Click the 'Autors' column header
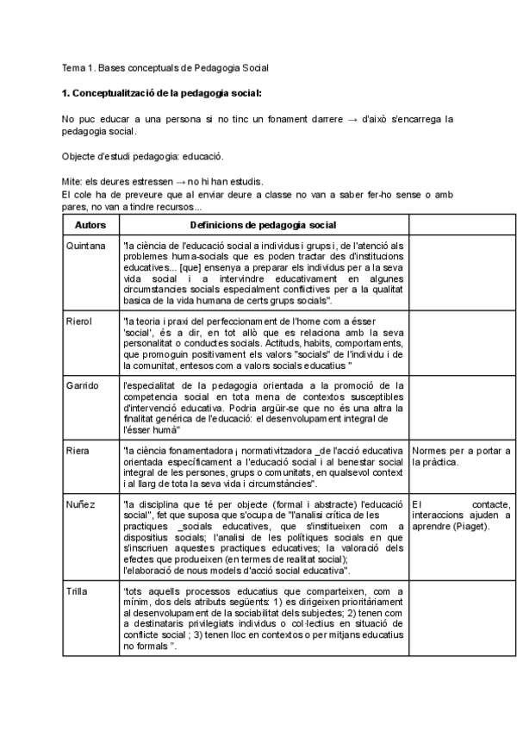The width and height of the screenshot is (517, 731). click(90, 224)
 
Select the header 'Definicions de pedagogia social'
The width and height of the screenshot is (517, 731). click(263, 224)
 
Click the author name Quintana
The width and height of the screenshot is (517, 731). click(85, 246)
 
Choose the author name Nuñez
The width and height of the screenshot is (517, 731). click(80, 503)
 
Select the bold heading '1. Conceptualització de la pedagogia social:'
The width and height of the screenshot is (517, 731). click(162, 91)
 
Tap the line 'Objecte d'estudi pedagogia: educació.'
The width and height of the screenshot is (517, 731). click(143, 157)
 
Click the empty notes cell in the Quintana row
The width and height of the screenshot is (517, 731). click(460, 272)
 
